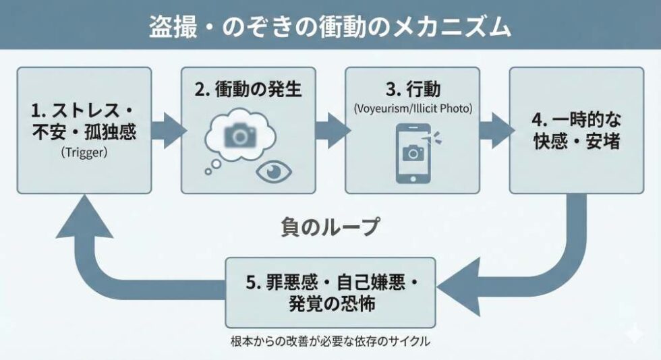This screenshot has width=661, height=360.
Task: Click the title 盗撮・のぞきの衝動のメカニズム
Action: [x=330, y=26]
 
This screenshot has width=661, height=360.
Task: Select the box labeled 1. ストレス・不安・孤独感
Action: [x=84, y=130]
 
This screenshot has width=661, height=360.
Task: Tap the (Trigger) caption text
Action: [x=84, y=152]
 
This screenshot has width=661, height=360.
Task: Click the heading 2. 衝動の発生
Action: [x=248, y=89]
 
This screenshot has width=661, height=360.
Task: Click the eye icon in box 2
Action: [x=274, y=171]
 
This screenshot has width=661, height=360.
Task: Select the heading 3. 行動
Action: [x=412, y=88]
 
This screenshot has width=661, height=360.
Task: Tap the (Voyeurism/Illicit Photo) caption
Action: [x=412, y=107]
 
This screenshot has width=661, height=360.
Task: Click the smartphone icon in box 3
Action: [x=412, y=153]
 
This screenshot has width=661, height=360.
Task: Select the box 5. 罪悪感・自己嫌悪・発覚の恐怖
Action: [x=330, y=293]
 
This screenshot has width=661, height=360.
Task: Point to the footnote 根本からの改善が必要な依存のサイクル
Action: [x=330, y=341]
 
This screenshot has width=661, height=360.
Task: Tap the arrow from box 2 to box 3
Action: [x=330, y=130]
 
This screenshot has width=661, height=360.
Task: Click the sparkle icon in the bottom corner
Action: [x=633, y=334]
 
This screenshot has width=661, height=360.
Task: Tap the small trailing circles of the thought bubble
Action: [x=214, y=166]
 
